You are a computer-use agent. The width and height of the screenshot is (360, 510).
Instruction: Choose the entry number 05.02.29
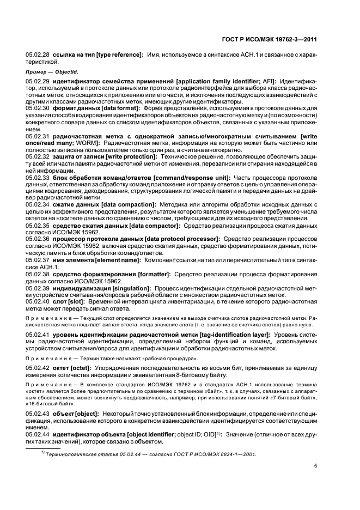pos(38,81)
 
